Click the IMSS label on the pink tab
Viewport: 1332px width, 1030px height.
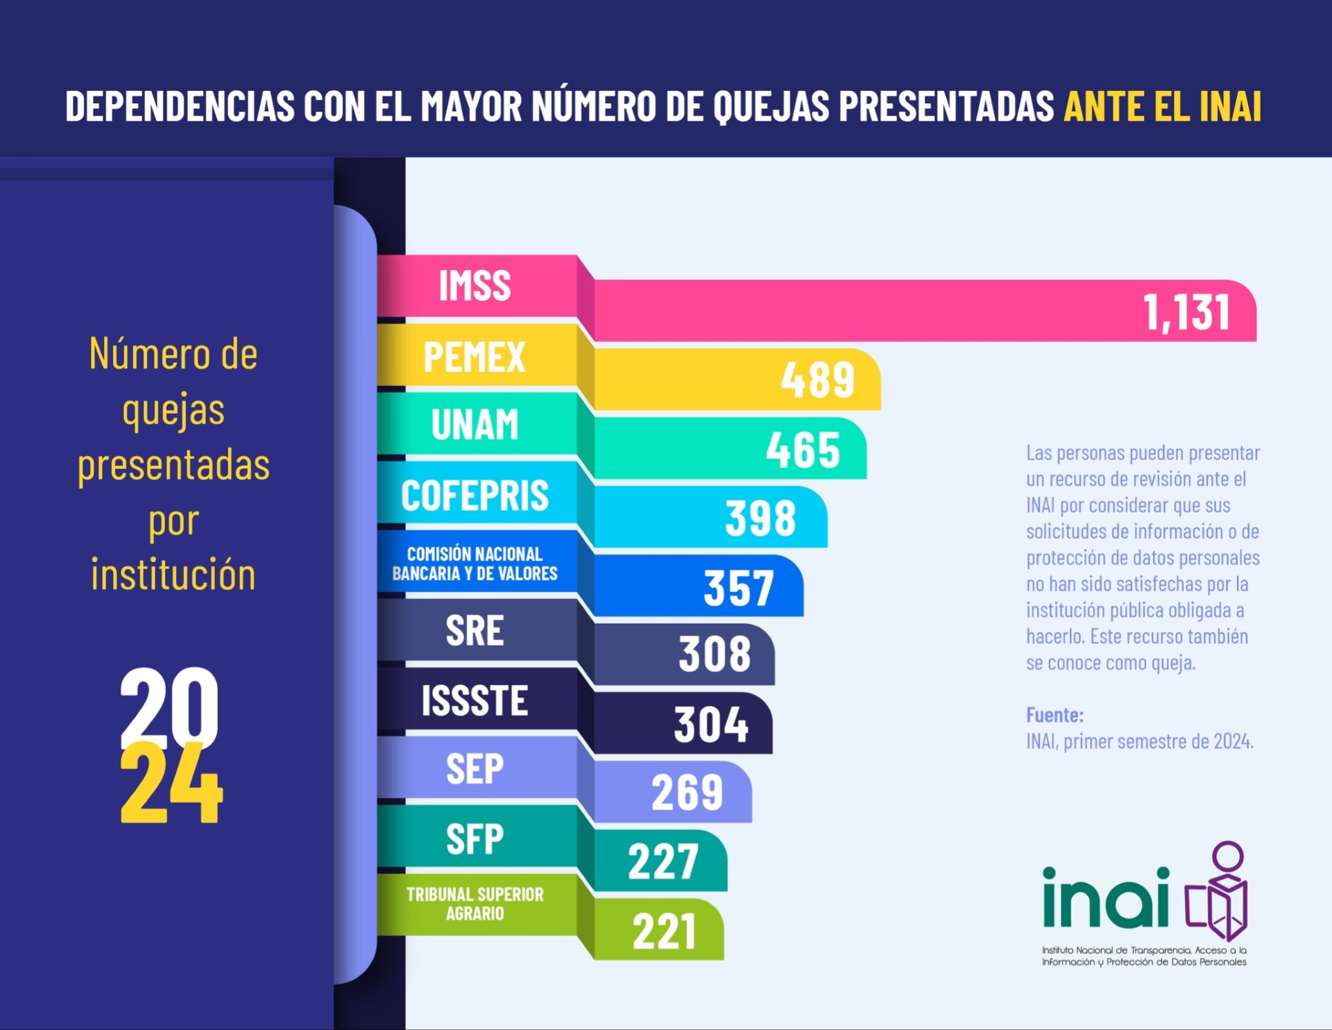[x=475, y=286]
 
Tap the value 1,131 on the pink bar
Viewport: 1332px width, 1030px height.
[x=1187, y=312]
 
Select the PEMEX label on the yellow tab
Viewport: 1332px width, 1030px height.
[x=475, y=357]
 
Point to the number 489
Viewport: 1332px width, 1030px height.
[x=818, y=380]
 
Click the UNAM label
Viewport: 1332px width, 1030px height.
[x=475, y=424]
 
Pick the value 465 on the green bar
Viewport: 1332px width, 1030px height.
[x=803, y=450]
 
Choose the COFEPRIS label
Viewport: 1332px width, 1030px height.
[x=475, y=496]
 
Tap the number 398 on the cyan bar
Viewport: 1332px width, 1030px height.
[x=760, y=518]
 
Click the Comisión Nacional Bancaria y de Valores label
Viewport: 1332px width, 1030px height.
[x=475, y=564]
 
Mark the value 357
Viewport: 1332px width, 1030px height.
[x=739, y=588]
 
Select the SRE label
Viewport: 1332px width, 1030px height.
[x=475, y=631]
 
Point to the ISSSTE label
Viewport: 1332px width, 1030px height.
[x=475, y=700]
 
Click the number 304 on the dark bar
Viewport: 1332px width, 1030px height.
[x=711, y=725]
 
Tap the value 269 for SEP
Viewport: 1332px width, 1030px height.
[x=687, y=793]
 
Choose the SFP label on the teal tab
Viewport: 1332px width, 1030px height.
[x=475, y=839]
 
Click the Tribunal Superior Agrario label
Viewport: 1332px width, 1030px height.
[x=475, y=904]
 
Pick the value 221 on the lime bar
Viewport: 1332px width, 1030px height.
[x=664, y=931]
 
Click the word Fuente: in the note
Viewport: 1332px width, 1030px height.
[x=1054, y=715]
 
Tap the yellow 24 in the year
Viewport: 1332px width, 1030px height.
[x=171, y=784]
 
